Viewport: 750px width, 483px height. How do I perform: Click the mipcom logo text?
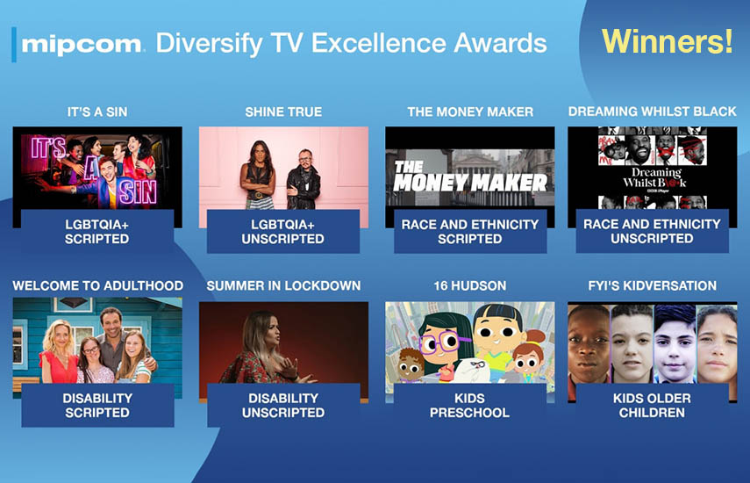(82, 45)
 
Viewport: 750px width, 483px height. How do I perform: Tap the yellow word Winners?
(667, 41)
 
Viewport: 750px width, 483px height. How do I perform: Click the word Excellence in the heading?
(380, 43)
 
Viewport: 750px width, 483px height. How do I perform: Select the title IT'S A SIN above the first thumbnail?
(97, 112)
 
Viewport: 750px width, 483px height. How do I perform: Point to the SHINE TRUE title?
(283, 112)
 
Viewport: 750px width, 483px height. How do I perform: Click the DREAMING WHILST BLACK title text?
(652, 112)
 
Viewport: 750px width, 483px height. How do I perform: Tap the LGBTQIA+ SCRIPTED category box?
(97, 231)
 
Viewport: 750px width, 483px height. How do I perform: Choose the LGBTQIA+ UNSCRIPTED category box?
(283, 231)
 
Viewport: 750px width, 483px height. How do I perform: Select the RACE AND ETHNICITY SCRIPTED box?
(470, 231)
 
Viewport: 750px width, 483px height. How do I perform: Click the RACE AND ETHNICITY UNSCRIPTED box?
(653, 231)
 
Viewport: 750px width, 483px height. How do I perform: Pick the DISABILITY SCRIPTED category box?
(97, 405)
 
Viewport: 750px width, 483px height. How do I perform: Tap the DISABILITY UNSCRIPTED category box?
(283, 405)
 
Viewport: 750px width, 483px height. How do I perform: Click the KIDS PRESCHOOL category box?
(470, 405)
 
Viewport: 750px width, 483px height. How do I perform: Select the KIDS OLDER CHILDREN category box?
(653, 405)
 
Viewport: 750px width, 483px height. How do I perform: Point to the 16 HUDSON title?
(469, 285)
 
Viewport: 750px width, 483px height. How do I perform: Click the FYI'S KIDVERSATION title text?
(653, 285)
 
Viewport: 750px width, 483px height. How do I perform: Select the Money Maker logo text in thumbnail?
(469, 177)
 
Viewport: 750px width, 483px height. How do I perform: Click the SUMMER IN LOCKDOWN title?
(283, 285)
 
